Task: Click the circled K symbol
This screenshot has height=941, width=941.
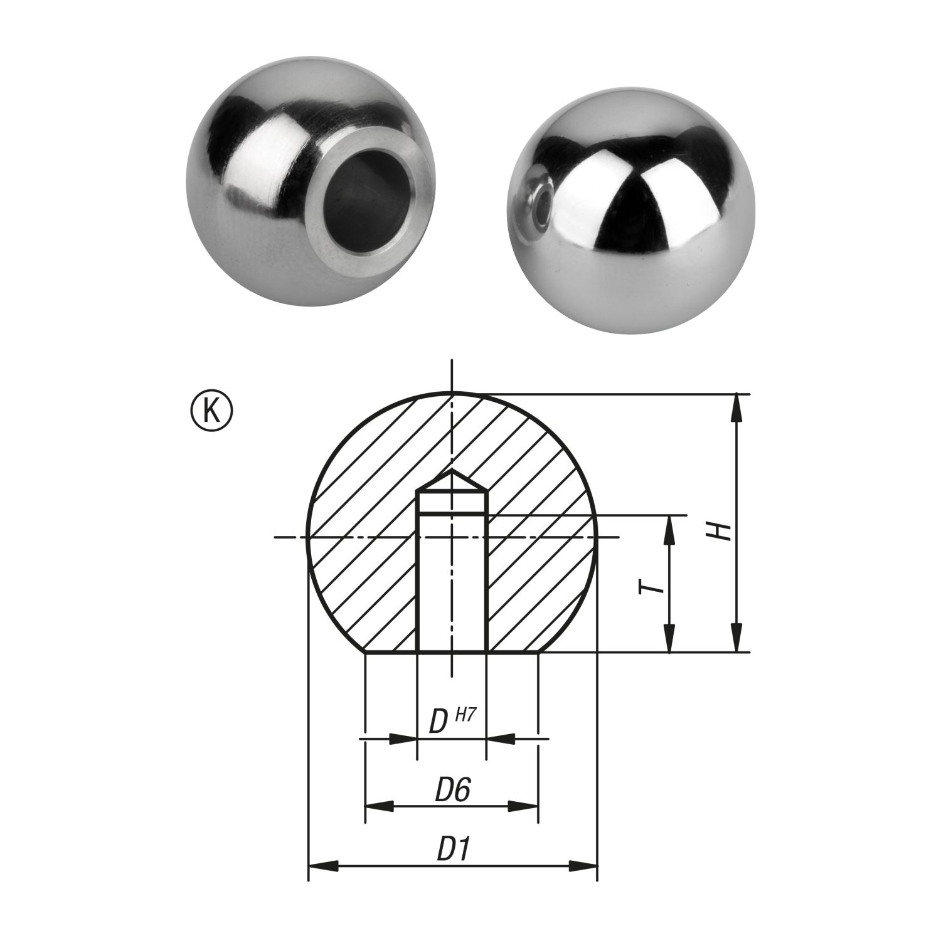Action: pos(211,411)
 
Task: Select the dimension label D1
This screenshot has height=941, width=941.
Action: pos(454,850)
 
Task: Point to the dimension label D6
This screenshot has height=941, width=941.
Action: pos(453,791)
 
